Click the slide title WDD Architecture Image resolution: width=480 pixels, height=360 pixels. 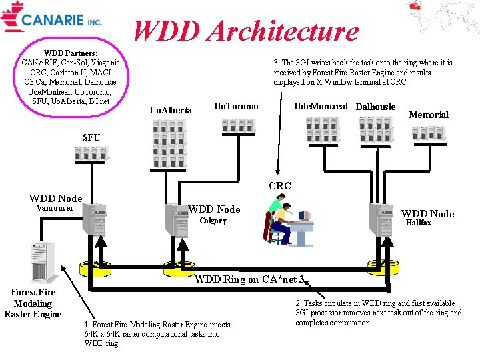(246, 31)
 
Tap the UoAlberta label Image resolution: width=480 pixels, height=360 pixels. (171, 110)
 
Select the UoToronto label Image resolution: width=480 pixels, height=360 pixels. (236, 107)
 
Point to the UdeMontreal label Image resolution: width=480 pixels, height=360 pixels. (321, 106)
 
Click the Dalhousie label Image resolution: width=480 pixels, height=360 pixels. (375, 107)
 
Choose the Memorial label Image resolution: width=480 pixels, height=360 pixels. (428, 115)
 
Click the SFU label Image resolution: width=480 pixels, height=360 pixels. (91, 137)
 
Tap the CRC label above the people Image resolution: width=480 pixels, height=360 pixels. (279, 186)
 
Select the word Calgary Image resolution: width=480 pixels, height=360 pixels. (213, 221)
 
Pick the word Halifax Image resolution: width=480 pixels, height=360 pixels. (418, 223)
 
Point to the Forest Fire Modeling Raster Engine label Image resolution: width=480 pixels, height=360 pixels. (33, 303)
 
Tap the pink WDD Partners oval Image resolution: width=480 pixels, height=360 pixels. (71, 77)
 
